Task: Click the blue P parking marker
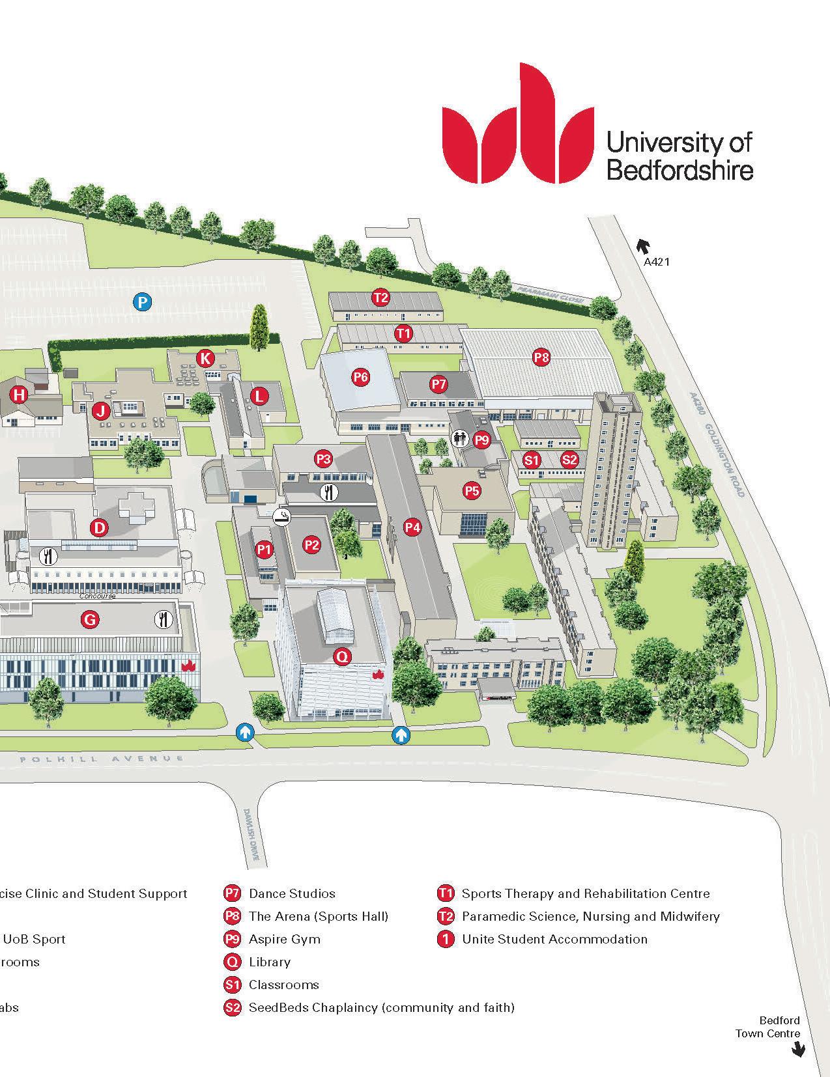pyautogui.click(x=143, y=301)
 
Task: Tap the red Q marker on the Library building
pyautogui.click(x=342, y=657)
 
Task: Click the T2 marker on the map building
pyautogui.click(x=380, y=298)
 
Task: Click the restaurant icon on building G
pyautogui.click(x=163, y=619)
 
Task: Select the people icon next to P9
pyautogui.click(x=461, y=438)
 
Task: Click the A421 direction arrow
pyautogui.click(x=644, y=246)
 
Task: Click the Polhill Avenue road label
pyautogui.click(x=101, y=759)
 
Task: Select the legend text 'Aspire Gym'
pyautogui.click(x=285, y=939)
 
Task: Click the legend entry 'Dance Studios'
pyautogui.click(x=292, y=893)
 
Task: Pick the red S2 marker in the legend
pyautogui.click(x=232, y=1007)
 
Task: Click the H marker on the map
pyautogui.click(x=20, y=395)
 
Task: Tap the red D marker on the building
pyautogui.click(x=99, y=527)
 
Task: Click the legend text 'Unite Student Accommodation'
pyautogui.click(x=554, y=939)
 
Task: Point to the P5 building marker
pyautogui.click(x=472, y=490)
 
